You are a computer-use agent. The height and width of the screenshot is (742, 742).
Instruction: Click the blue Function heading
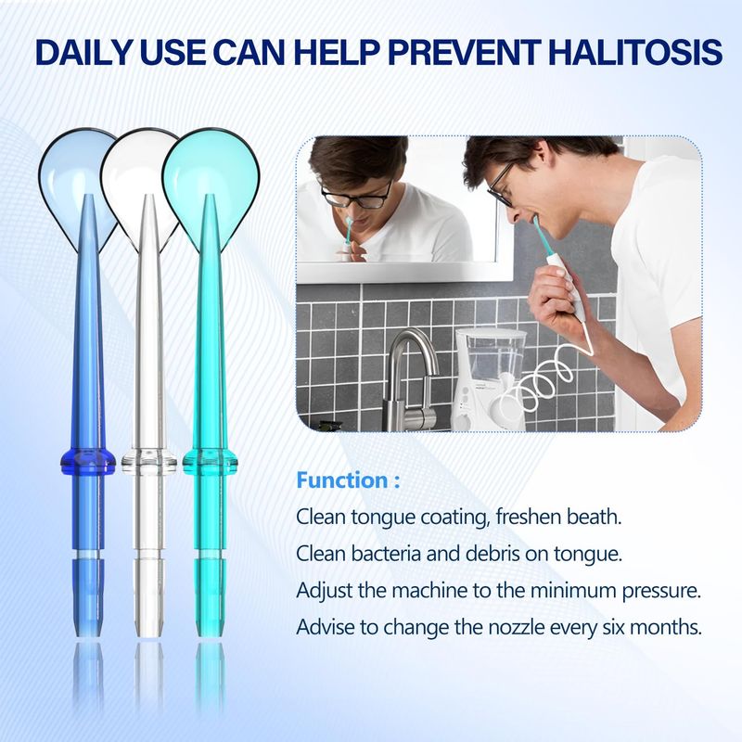pyautogui.click(x=348, y=480)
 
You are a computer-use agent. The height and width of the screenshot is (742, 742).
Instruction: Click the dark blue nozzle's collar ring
pyautogui.click(x=88, y=461)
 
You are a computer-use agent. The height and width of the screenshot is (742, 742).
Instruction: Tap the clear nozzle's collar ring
pyautogui.click(x=148, y=461)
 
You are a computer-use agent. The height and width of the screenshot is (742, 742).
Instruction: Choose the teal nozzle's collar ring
pyautogui.click(x=210, y=461)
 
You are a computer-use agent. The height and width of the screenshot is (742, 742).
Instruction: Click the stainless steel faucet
pyautogui.click(x=411, y=378)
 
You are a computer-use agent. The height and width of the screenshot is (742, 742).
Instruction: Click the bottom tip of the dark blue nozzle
pyautogui.click(x=88, y=635)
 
